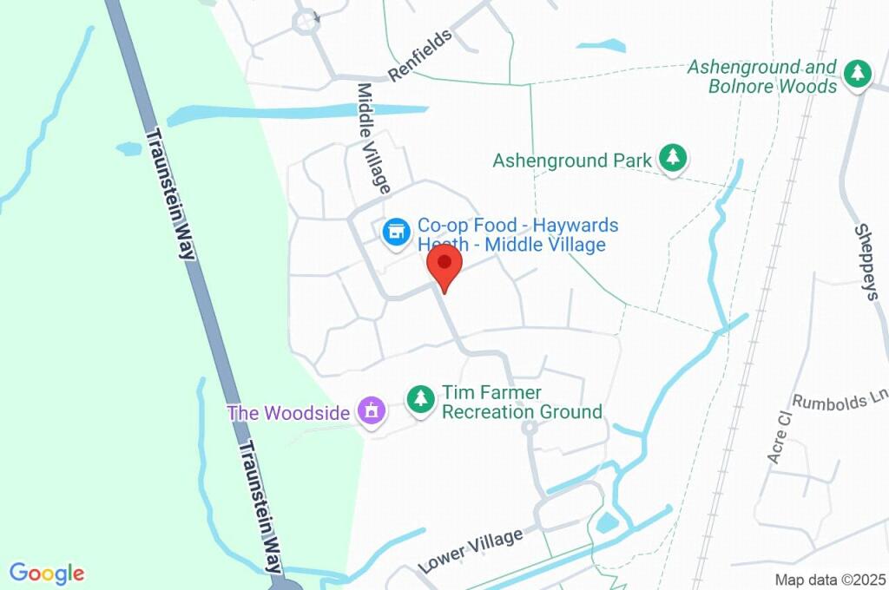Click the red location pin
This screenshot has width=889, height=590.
(444, 263)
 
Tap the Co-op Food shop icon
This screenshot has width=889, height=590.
(397, 232)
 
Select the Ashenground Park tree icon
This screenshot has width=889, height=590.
(672, 158)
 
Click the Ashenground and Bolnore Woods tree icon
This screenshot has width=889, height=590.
(858, 74)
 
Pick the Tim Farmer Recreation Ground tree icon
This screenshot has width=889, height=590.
(421, 399)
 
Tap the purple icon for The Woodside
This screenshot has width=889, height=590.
(372, 411)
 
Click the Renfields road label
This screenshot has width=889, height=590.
(421, 56)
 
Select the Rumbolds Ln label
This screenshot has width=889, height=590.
(841, 401)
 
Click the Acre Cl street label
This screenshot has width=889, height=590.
(776, 436)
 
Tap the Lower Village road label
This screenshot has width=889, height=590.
(471, 550)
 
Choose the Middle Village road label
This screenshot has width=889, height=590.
(374, 138)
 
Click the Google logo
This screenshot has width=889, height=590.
(47, 574)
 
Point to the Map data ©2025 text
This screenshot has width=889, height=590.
(830, 580)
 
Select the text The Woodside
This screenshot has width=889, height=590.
(288, 412)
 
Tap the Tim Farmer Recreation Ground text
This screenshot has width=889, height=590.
(522, 403)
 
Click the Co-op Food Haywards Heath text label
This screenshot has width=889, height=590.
(517, 235)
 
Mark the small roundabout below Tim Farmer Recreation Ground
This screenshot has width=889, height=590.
(529, 428)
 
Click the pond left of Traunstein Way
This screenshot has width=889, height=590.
(128, 148)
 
